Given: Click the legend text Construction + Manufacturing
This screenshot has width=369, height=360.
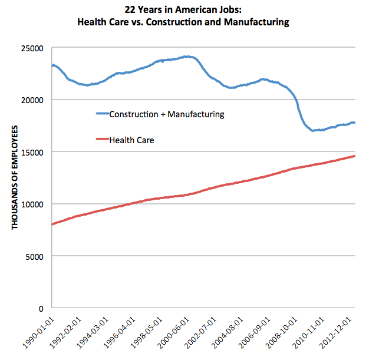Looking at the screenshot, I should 167,114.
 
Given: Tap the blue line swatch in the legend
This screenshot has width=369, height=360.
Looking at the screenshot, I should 103,114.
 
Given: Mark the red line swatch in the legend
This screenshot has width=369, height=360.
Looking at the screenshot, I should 103,140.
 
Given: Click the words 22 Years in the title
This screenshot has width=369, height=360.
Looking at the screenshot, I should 144,10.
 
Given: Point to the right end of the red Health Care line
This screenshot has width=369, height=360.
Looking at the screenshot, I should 354,156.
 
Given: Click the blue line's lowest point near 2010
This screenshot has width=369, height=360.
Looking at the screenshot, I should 312,130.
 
